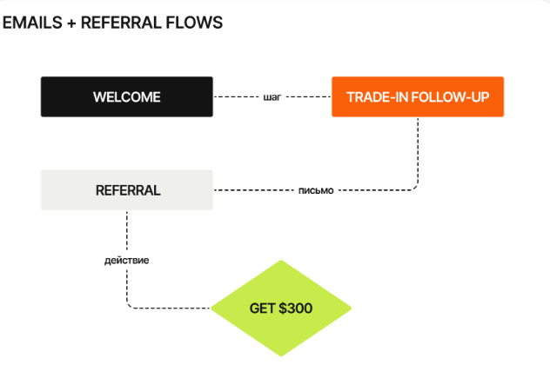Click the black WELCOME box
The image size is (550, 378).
pyautogui.click(x=126, y=96)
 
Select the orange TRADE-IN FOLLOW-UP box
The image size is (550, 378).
pyautogui.click(x=418, y=96)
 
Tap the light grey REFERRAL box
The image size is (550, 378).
pyautogui.click(x=126, y=190)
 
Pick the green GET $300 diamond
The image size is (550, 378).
pyautogui.click(x=281, y=308)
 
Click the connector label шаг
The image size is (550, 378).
pyautogui.click(x=272, y=96)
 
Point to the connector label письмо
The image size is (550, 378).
pyautogui.click(x=316, y=190)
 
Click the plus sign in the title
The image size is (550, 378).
pyautogui.click(x=70, y=23)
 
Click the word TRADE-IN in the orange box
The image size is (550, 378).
pyautogui.click(x=373, y=96)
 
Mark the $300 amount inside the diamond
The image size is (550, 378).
pyautogui.click(x=295, y=308)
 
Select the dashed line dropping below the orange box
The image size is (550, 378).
pyautogui.click(x=419, y=148)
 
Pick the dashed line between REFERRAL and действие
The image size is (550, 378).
pyautogui.click(x=127, y=230)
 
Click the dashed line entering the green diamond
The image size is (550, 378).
pyautogui.click(x=174, y=308)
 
